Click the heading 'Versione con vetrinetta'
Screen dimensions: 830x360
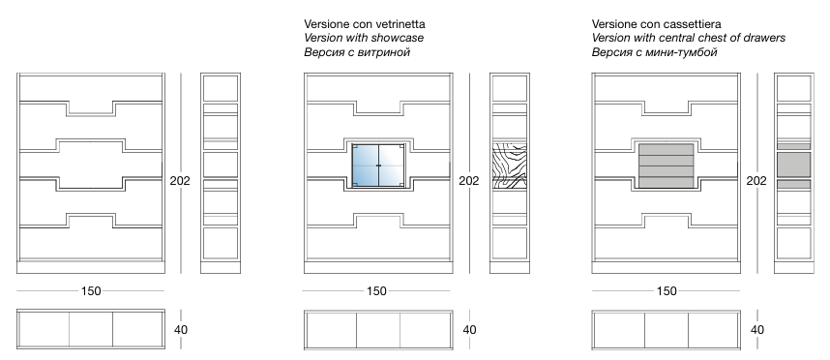[364, 24]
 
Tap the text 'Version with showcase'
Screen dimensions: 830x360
[364, 38]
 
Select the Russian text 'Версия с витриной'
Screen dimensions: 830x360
[357, 52]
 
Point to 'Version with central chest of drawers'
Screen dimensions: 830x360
[689, 38]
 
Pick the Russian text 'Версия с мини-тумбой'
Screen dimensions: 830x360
[654, 52]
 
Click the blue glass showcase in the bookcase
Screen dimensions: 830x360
[378, 165]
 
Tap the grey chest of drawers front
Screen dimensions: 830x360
[667, 165]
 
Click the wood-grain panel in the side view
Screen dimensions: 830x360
[509, 165]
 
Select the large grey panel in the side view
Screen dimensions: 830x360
[794, 165]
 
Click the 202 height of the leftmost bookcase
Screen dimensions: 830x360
[180, 181]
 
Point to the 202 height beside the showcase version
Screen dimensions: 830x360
[468, 181]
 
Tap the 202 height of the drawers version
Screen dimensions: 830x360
[756, 181]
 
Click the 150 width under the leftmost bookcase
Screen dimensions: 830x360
[91, 290]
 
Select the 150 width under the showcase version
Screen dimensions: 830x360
[376, 290]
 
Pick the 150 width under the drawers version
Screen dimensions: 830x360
[667, 290]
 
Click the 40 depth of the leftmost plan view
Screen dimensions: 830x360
[181, 330]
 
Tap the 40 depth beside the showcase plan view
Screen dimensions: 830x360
[469, 330]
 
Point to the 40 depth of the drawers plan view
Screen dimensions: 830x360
[756, 330]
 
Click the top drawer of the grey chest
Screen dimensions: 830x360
[667, 149]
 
